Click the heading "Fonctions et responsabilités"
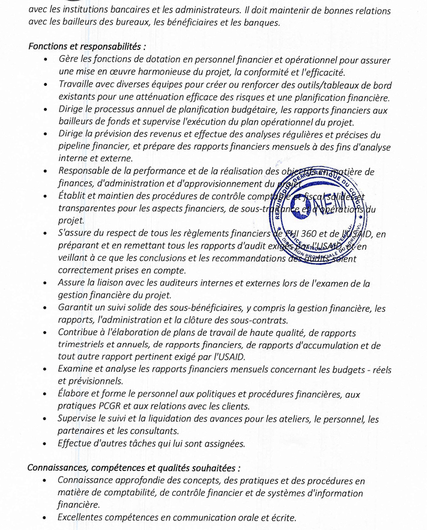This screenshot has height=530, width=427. click(86, 47)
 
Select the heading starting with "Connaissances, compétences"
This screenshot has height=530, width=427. click(134, 468)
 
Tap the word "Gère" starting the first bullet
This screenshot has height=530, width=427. click(68, 60)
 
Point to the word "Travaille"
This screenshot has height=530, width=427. click(77, 85)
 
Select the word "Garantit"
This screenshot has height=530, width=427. click(77, 308)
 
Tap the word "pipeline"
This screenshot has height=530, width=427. click(75, 146)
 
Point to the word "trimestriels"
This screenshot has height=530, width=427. click(84, 345)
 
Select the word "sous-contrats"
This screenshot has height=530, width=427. click(259, 320)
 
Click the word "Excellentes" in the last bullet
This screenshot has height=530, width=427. click(83, 517)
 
